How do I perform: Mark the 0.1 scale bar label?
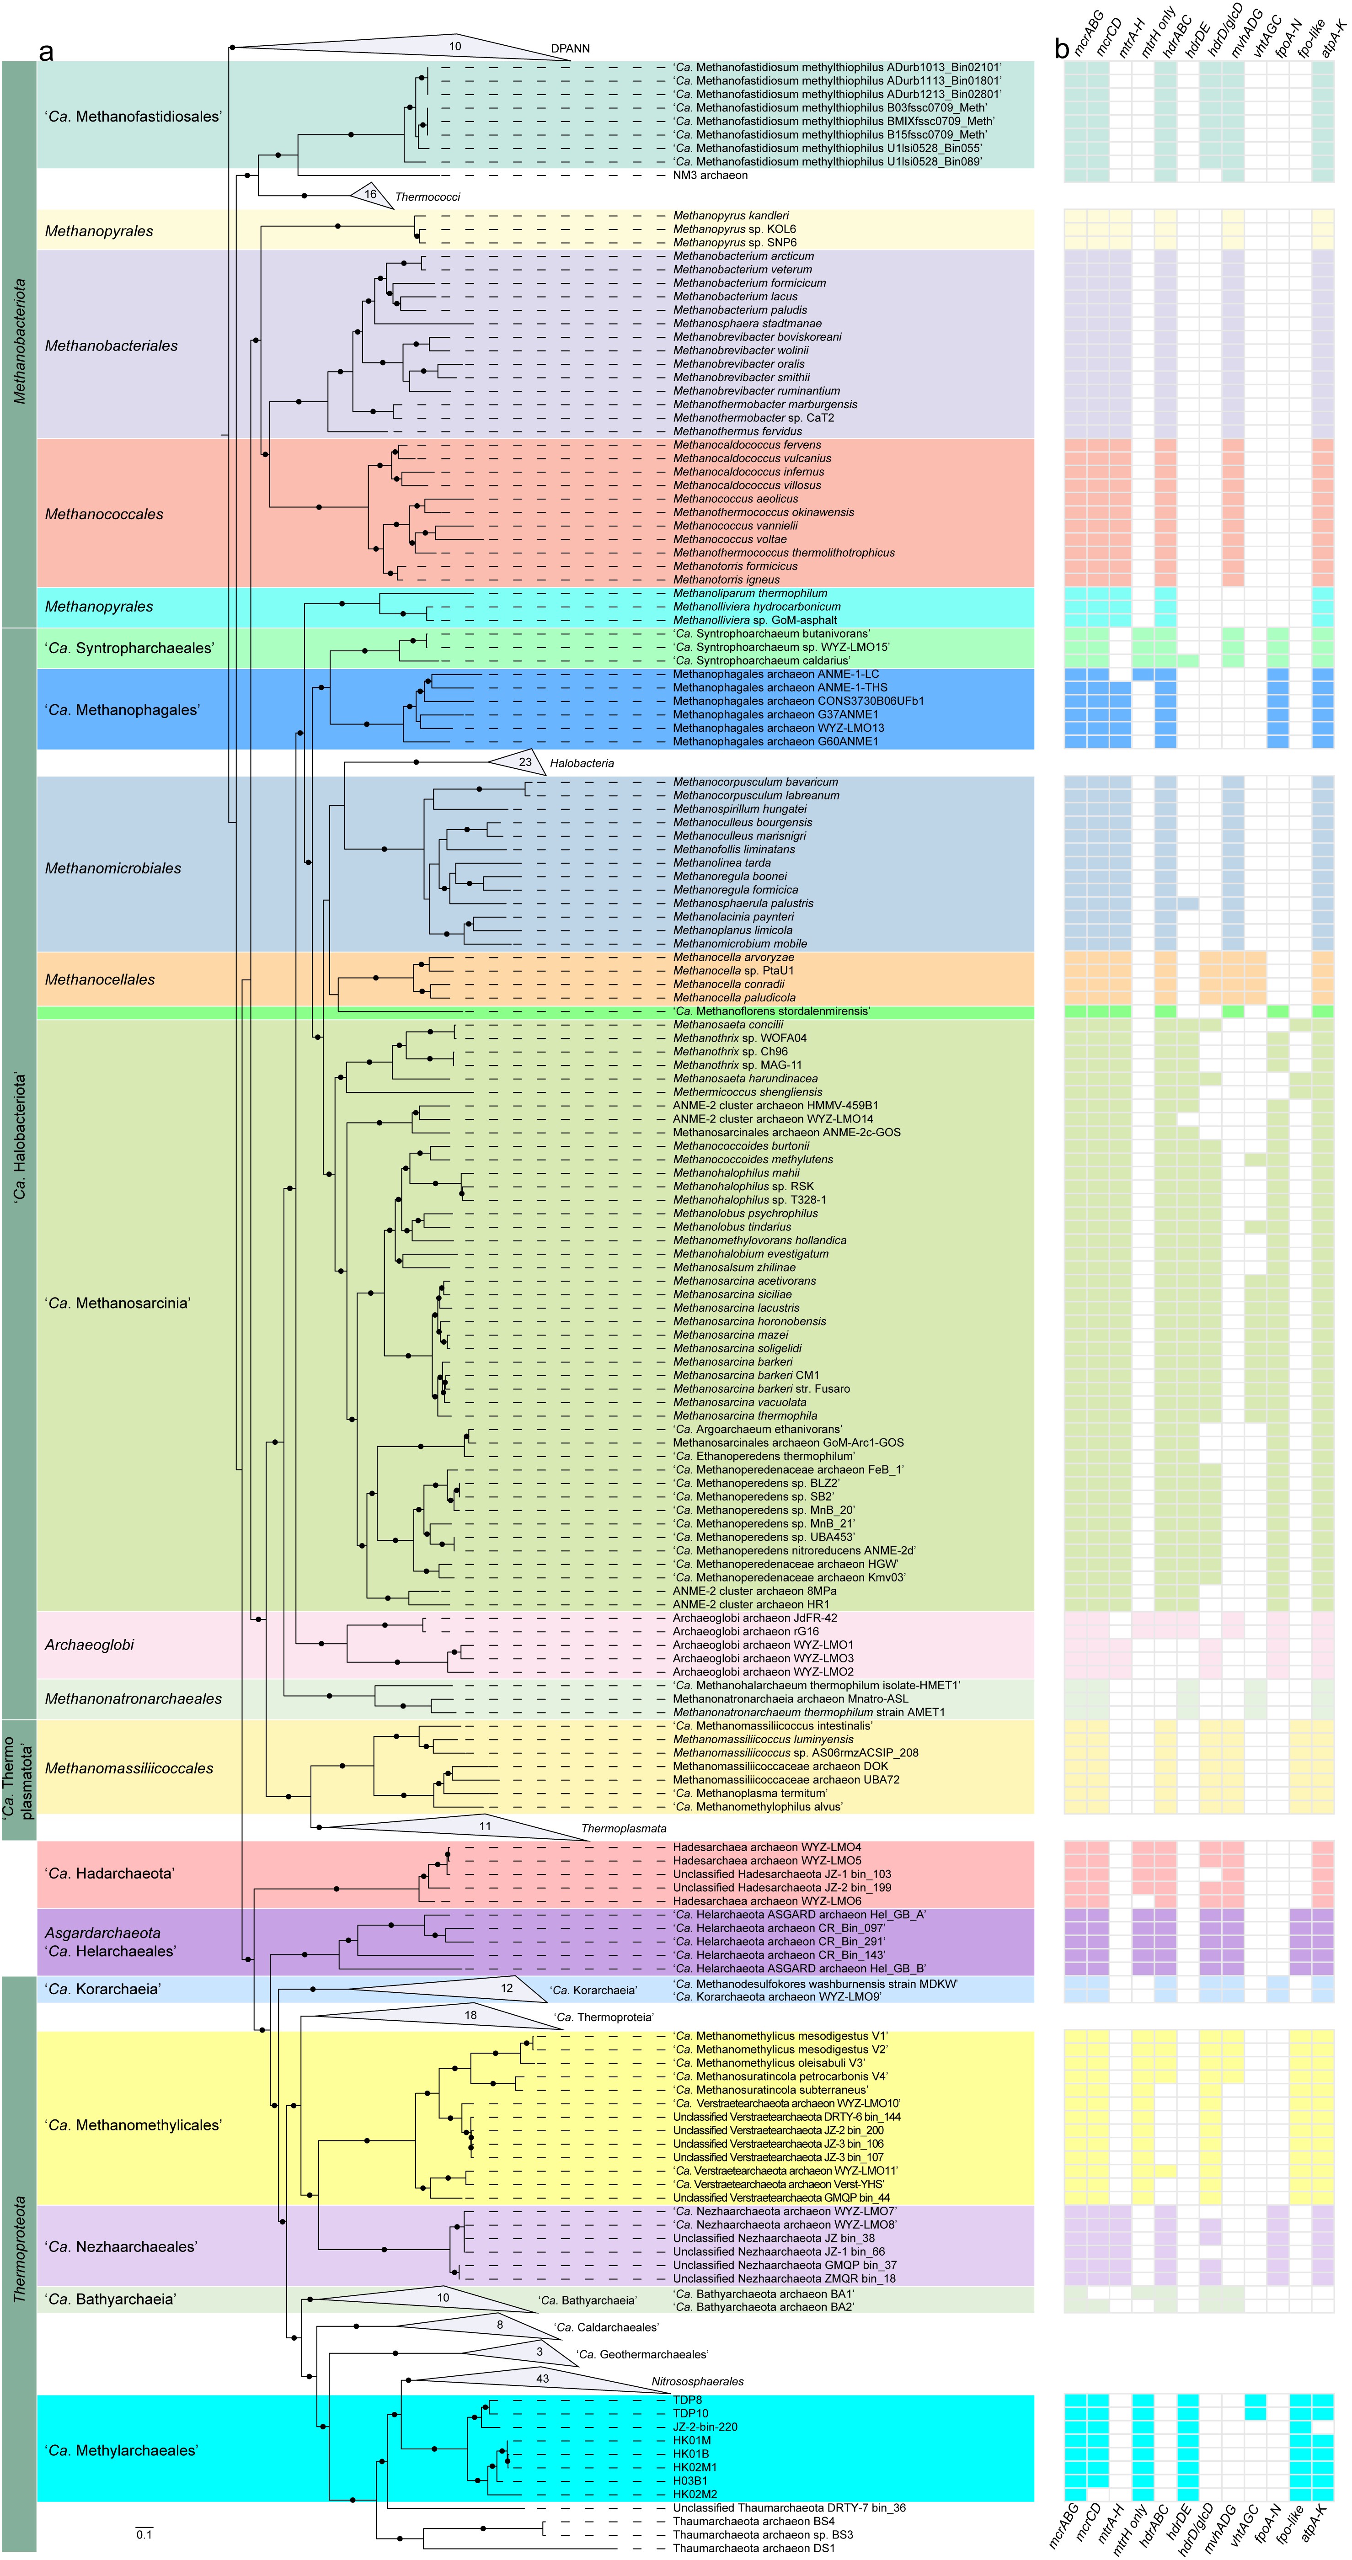click(x=144, y=2534)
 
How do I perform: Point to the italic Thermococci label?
click(x=428, y=197)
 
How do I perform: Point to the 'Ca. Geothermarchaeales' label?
click(x=641, y=2354)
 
